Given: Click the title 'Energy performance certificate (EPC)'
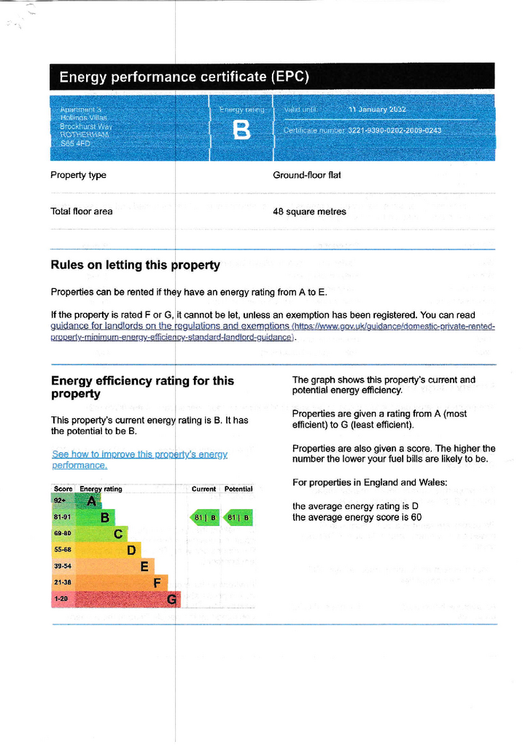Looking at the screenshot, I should pos(184,77).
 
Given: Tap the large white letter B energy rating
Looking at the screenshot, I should pos(241,131).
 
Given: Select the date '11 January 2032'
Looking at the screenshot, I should pos(377,109).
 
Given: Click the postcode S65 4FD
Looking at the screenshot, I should pos(75,144).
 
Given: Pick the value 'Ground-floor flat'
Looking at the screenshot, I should pos(306,175).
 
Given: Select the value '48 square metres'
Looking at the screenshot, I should pos(309,212).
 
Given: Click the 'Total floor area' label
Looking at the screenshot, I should pos(82,212).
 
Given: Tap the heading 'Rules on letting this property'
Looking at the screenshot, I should pos(135,265).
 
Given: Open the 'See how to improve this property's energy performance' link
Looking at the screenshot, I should pos(139,459).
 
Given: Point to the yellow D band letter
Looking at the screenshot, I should pos(131,550).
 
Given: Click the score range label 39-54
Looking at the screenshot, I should pos(63,566).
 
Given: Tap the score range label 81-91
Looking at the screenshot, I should pos(63,518).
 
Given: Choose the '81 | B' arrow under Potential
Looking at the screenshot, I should pos(238,518).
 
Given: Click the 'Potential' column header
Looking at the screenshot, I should pos(238,489).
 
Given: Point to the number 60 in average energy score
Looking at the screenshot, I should pos(416,518).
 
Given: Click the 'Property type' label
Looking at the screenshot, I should pos(78,175).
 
